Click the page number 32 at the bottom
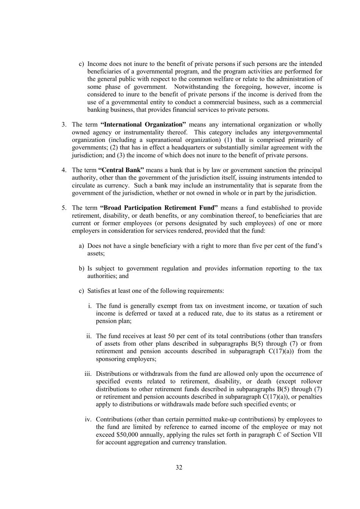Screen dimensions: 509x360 click(179, 467)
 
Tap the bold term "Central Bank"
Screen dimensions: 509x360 click(121, 170)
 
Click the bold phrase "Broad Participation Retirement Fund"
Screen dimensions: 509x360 click(159, 208)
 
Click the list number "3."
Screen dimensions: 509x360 click(64, 124)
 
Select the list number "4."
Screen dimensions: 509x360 click(64, 170)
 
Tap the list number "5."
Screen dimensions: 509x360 click(64, 208)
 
